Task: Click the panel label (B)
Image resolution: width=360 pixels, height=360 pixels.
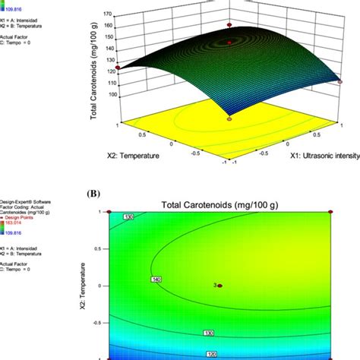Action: (95, 193)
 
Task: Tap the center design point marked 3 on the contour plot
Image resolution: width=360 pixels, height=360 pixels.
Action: (220, 286)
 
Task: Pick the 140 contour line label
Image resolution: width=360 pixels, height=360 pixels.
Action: (156, 279)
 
